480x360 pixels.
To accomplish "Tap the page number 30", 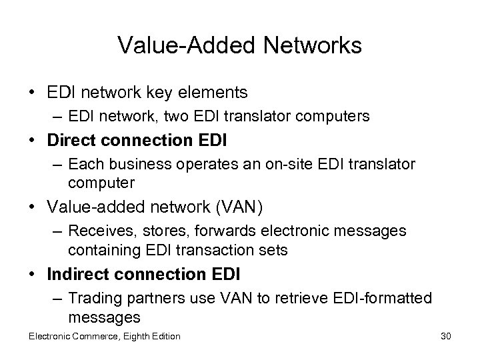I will click(445, 337).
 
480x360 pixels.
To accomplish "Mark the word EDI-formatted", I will click(383, 297).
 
